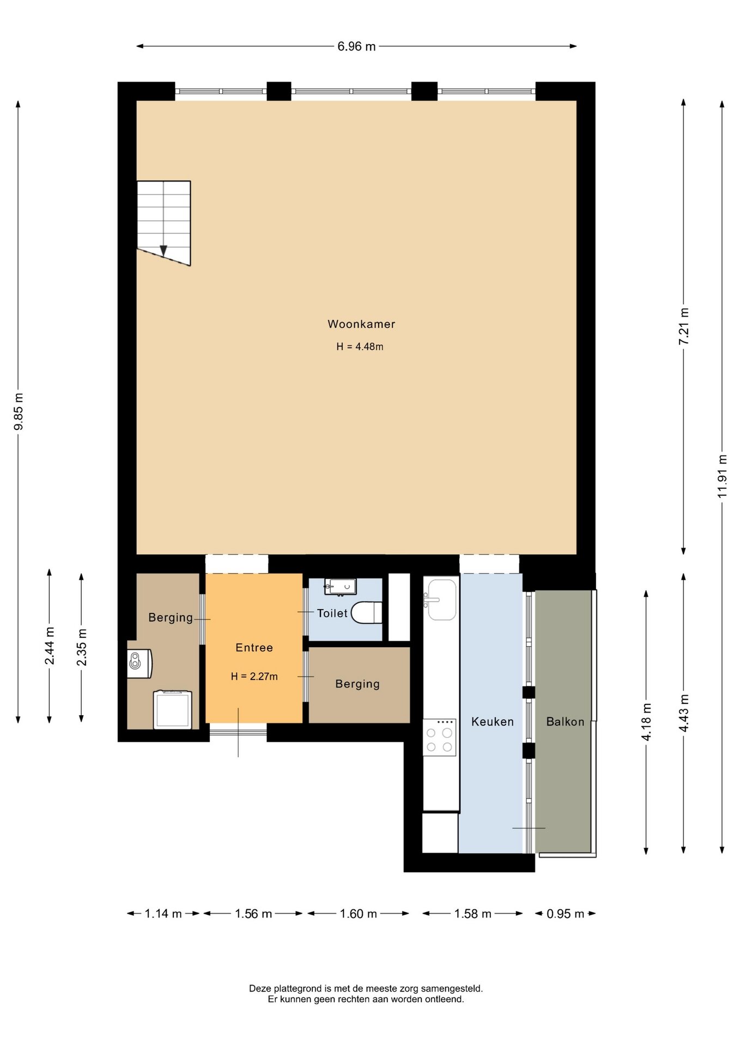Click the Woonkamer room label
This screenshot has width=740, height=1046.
pos(361,324)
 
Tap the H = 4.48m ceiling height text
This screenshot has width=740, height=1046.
pos(360,346)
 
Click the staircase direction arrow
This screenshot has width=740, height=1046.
pos(163,251)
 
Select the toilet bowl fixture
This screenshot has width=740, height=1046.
pos(367,612)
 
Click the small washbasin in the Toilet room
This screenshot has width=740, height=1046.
pos(341,587)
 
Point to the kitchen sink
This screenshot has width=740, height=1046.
pos(441,599)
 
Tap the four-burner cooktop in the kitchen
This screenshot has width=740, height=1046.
pos(439,737)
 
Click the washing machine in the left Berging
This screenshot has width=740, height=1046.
pos(173,709)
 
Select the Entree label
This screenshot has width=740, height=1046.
pos(254,648)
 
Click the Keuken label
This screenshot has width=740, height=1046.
pos(493,722)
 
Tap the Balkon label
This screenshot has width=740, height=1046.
pos(565,722)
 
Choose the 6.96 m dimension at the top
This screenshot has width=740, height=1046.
pos(356,46)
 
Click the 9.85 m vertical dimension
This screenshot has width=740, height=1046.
pos(19,411)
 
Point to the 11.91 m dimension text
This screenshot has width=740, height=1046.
pos(722,476)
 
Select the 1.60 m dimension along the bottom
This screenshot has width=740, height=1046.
pos(358,914)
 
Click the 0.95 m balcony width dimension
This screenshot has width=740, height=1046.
pos(565,914)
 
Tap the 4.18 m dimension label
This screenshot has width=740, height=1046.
pos(646,722)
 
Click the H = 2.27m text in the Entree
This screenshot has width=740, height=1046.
pos(254,677)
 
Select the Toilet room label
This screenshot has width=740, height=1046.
pos(332,613)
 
